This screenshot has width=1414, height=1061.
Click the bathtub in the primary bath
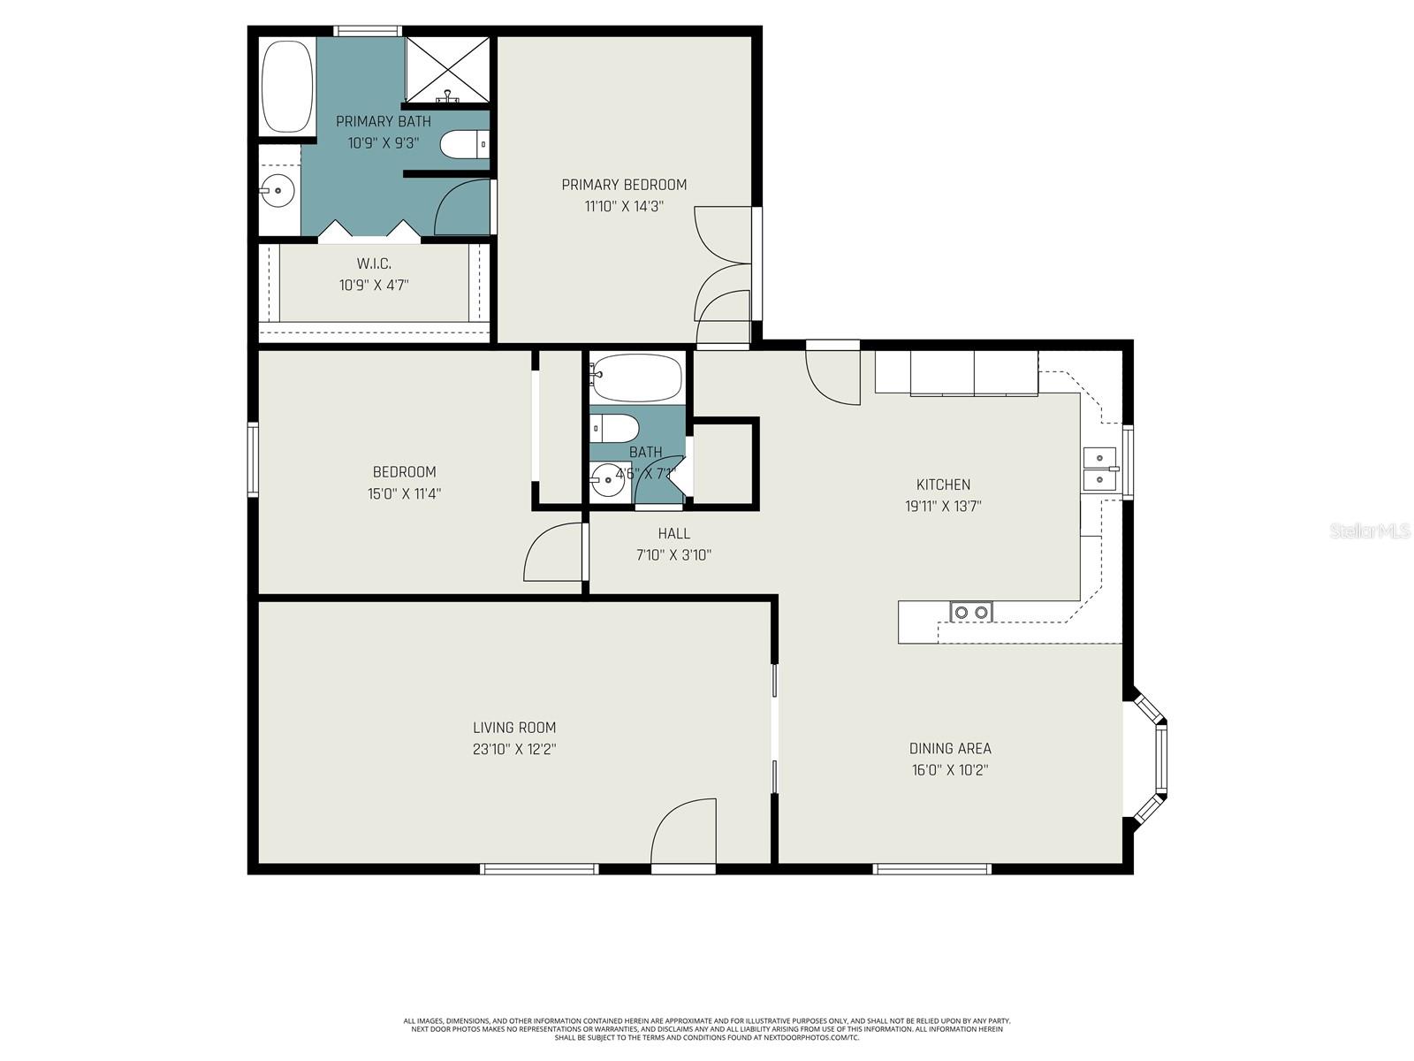click(x=287, y=86)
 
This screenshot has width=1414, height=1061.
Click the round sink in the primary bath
click(x=278, y=188)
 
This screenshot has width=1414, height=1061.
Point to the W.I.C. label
click(x=374, y=263)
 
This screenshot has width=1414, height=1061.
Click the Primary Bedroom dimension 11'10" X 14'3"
click(x=624, y=207)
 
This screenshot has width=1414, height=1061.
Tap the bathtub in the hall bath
click(x=636, y=378)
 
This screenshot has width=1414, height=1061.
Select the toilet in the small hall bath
click(x=615, y=429)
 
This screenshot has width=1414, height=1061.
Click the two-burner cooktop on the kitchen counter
click(x=971, y=612)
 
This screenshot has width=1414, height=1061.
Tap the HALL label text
click(x=673, y=534)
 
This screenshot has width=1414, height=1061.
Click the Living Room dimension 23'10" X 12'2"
click(x=514, y=750)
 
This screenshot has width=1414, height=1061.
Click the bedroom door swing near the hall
click(x=554, y=553)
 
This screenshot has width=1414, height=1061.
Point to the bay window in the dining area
click(x=1152, y=759)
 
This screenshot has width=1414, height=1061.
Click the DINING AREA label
click(x=950, y=749)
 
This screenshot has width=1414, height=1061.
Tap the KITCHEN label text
click(x=943, y=485)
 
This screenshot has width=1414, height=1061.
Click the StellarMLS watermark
click(x=1369, y=531)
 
